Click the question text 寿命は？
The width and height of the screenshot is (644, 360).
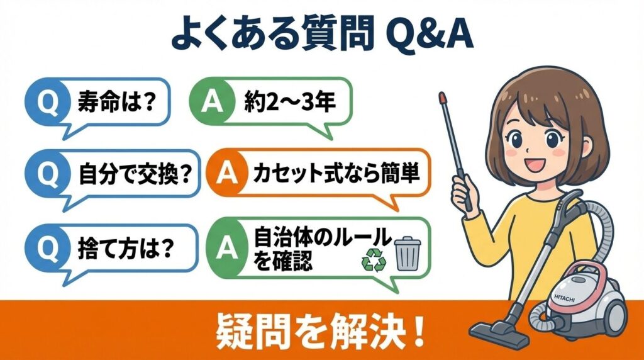[x=116, y=101]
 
